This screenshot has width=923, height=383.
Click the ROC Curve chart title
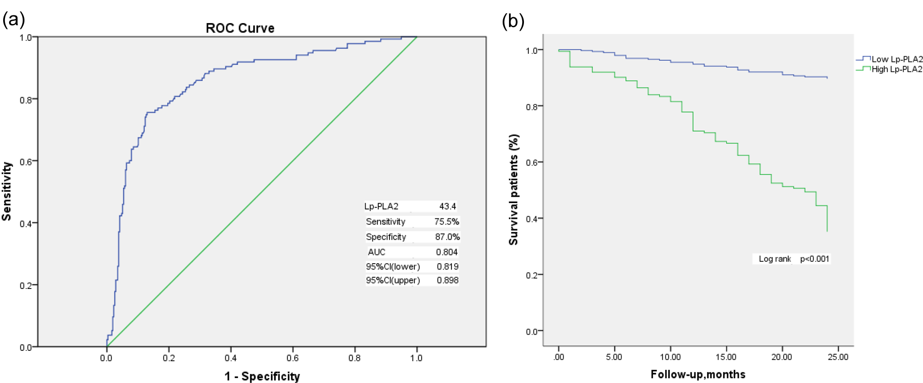pyautogui.click(x=240, y=28)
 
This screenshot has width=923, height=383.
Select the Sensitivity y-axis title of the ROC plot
pyautogui.click(x=7, y=191)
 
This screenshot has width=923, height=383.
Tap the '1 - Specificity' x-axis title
pyautogui.click(x=262, y=376)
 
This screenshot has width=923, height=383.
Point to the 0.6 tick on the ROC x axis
pyautogui.click(x=293, y=358)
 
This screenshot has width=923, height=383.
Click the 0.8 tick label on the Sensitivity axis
pyautogui.click(x=26, y=100)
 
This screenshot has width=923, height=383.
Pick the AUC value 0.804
pyautogui.click(x=447, y=252)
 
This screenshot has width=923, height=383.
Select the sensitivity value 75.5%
pyautogui.click(x=447, y=222)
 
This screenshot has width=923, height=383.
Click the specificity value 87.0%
pyautogui.click(x=447, y=236)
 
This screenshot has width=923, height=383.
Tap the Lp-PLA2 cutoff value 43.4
pyautogui.click(x=447, y=206)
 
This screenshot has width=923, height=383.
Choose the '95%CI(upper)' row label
pyautogui.click(x=393, y=280)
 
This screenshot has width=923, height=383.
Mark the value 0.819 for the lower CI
pyautogui.click(x=447, y=266)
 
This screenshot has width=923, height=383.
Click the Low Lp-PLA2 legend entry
pyautogui.click(x=889, y=59)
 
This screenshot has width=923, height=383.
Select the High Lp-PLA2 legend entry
pyautogui.click(x=889, y=69)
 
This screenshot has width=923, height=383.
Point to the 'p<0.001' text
pyautogui.click(x=814, y=259)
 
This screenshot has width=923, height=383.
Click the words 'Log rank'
pyautogui.click(x=775, y=259)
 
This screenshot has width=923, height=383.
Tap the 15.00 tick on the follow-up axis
pyautogui.click(x=726, y=357)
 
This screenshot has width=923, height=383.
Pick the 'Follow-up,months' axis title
pyautogui.click(x=698, y=374)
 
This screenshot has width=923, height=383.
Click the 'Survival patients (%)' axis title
pyautogui.click(x=514, y=190)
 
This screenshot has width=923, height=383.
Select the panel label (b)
pyautogui.click(x=513, y=21)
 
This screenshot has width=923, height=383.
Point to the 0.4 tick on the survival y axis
pyautogui.click(x=532, y=219)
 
